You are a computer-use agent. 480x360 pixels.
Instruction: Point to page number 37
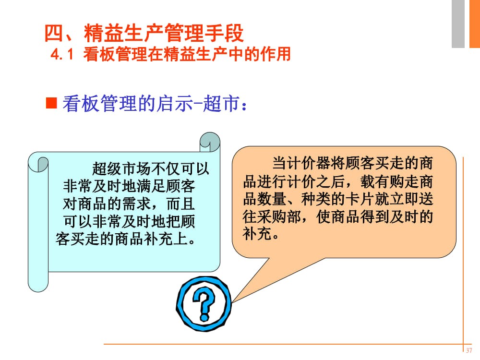coord(469,350)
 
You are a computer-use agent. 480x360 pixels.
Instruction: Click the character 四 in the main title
coord(54,34)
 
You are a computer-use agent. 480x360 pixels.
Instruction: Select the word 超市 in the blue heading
coord(226,104)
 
